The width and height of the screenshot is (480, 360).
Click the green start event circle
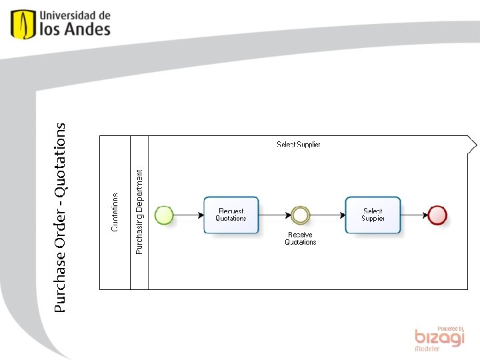[164, 215]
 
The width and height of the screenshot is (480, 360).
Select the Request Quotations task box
[231, 215]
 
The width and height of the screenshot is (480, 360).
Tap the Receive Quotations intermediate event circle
[301, 215]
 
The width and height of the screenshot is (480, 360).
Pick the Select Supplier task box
[373, 215]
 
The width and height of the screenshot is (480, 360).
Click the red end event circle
[437, 215]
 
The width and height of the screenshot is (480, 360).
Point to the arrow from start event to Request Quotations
[189, 215]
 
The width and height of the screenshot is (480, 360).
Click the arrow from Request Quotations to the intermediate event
[273, 215]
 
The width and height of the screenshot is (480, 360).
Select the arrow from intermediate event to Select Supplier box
[327, 215]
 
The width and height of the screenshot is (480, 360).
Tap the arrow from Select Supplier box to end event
[414, 215]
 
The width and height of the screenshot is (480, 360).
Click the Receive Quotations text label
[301, 239]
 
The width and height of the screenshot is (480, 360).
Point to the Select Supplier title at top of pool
[299, 145]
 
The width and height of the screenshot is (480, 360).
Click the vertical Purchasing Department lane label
[139, 212]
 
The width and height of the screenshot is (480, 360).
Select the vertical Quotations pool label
[115, 212]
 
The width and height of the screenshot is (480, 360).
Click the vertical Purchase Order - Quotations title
[60, 217]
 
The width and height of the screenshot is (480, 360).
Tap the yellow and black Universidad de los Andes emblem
[23, 24]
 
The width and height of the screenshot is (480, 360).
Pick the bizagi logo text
[439, 339]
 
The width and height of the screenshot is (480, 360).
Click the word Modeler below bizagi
[427, 349]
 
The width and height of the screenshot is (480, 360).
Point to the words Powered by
[451, 329]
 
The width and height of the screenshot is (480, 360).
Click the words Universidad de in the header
[75, 15]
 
